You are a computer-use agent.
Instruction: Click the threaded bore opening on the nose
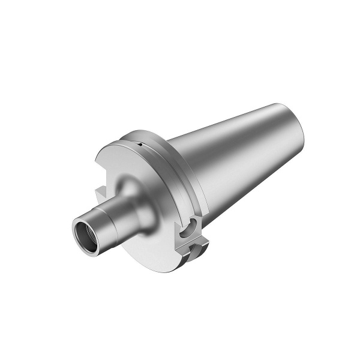pyautogui.click(x=87, y=230)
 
